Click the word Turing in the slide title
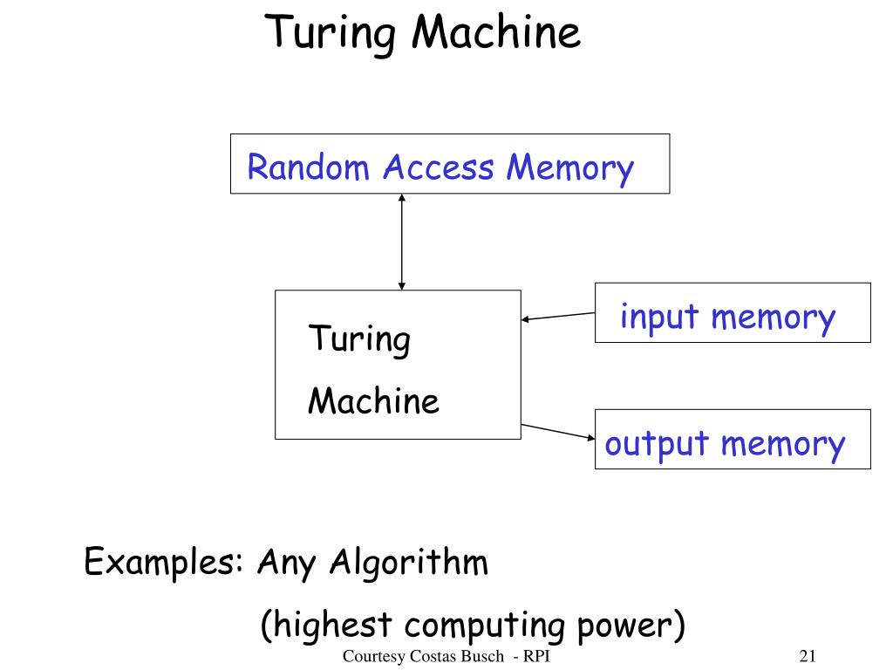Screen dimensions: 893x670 click(x=331, y=35)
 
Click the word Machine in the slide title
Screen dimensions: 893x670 click(x=496, y=32)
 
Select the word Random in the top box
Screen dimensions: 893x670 click(x=308, y=167)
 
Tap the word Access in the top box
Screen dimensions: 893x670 click(x=438, y=167)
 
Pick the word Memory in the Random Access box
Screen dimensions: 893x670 click(x=570, y=169)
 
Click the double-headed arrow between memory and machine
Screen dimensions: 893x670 click(x=401, y=242)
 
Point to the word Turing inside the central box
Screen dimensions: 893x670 click(x=358, y=340)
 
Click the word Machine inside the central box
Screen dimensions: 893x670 click(x=373, y=400)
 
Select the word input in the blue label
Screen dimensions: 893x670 click(x=659, y=317)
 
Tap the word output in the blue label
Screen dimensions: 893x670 click(x=657, y=444)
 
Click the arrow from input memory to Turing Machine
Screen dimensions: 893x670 click(x=557, y=316)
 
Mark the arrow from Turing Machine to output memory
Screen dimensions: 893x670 click(x=557, y=431)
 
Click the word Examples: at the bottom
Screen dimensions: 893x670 click(x=164, y=563)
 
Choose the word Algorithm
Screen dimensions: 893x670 click(x=409, y=563)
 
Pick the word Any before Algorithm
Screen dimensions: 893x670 click(x=286, y=563)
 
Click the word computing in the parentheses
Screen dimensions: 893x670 click(x=485, y=626)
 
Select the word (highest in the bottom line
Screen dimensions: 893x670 click(x=326, y=625)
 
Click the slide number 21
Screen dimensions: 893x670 click(x=808, y=656)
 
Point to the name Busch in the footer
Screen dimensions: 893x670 click(x=481, y=656)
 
